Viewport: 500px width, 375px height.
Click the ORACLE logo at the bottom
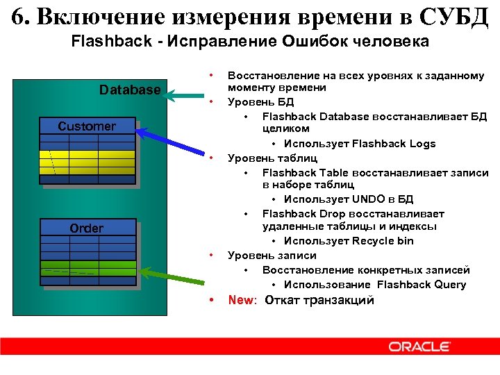[x=420, y=347]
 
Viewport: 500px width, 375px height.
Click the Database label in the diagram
[x=130, y=90]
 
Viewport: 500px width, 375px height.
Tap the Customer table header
[x=87, y=126]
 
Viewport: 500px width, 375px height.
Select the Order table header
[x=87, y=228]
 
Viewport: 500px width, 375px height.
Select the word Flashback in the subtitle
[x=110, y=42]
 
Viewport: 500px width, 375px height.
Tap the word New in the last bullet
[x=241, y=301]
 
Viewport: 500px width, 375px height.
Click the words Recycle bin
[x=383, y=241]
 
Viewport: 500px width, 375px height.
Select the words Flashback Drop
[x=298, y=213]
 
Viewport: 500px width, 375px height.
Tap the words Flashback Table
[x=299, y=172]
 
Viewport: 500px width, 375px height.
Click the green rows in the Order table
[x=87, y=267]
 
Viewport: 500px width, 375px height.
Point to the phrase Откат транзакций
[x=319, y=301]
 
